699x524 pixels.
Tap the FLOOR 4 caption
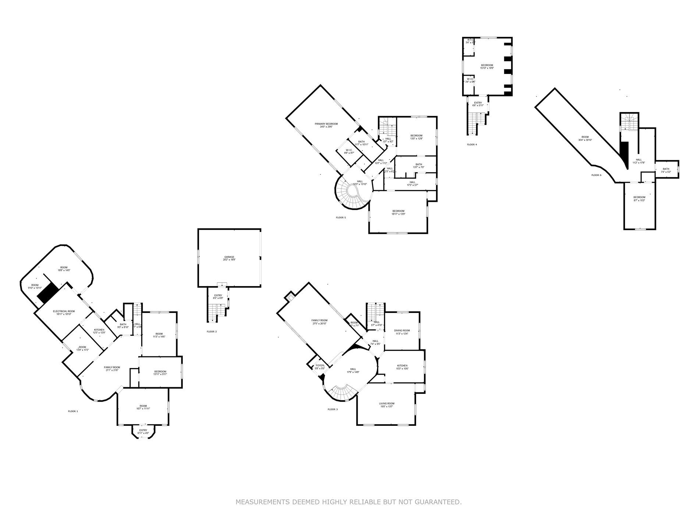472,145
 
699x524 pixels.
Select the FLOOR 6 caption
596,175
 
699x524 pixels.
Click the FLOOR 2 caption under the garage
212,332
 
